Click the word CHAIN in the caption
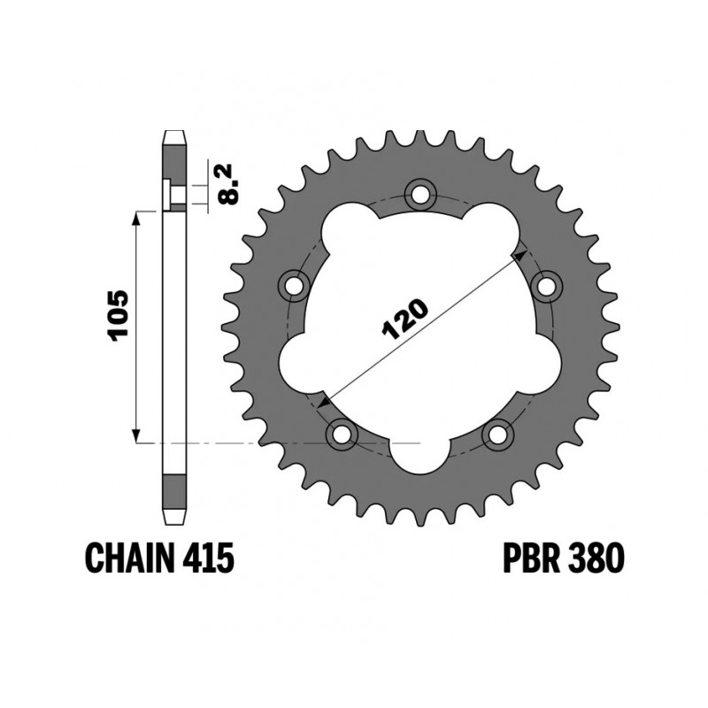129,558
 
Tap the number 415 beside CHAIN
208,558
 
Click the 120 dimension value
404,319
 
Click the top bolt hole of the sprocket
421,194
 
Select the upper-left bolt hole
294,286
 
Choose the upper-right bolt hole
547,286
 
